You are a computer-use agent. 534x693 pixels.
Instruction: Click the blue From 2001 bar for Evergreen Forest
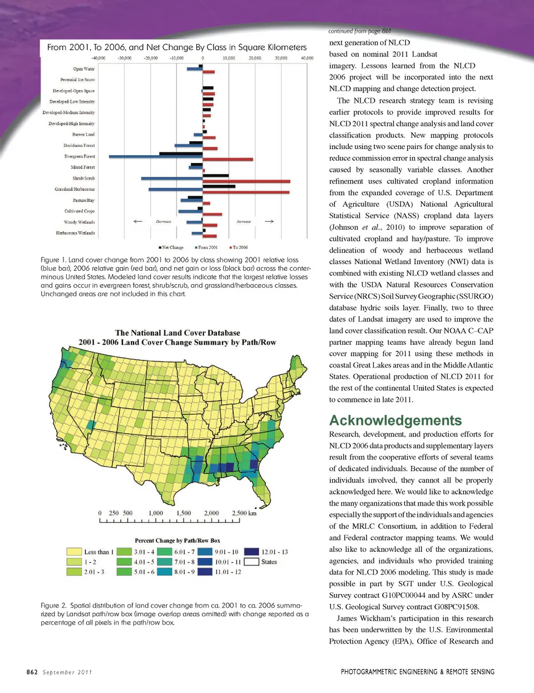click(x=156, y=157)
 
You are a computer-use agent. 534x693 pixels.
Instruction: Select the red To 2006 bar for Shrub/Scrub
click(x=246, y=181)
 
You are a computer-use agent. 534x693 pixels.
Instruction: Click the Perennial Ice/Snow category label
click(x=77, y=80)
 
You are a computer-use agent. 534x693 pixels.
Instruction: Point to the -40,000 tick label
click(x=98, y=58)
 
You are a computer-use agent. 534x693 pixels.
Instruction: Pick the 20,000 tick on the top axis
click(x=255, y=58)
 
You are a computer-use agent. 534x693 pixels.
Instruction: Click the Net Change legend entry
click(x=171, y=247)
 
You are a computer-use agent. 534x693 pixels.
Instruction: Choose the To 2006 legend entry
click(x=239, y=247)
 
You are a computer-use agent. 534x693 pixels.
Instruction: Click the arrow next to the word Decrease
click(x=138, y=221)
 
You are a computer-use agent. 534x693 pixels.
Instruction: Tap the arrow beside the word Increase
click(x=269, y=221)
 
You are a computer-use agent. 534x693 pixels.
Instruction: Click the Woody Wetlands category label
click(x=79, y=222)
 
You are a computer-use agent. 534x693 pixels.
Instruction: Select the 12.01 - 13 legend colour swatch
click(x=251, y=552)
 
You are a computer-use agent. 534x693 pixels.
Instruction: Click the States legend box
click(x=251, y=562)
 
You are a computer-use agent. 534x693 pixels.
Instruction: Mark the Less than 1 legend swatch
click(x=74, y=552)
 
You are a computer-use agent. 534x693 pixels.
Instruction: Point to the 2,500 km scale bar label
click(x=244, y=513)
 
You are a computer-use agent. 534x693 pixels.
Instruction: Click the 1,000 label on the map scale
click(x=156, y=513)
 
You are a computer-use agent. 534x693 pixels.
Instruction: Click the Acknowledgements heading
click(x=395, y=420)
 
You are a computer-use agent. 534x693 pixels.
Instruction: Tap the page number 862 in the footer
click(x=32, y=672)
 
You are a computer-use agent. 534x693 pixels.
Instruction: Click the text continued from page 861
click(x=360, y=31)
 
